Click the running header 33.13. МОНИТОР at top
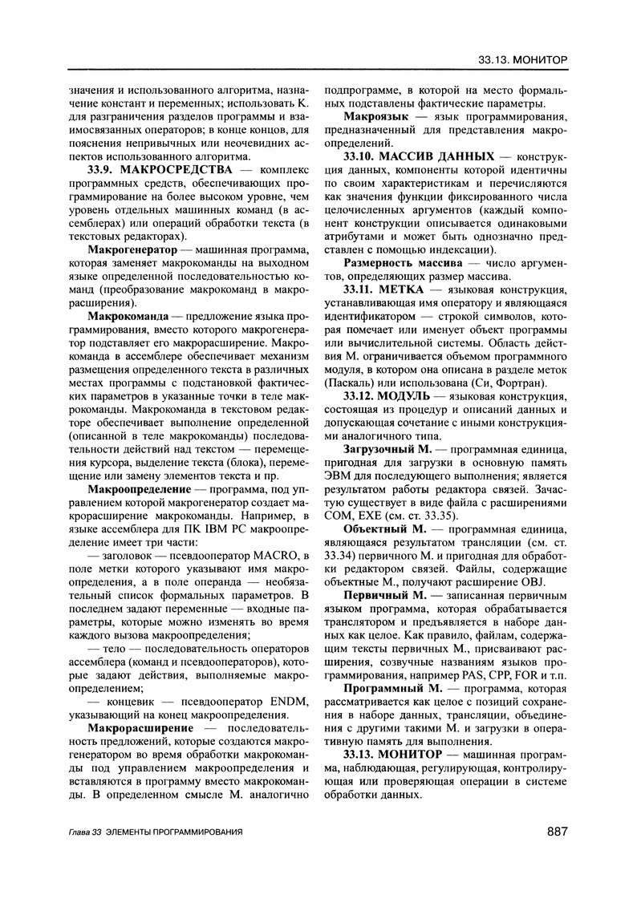[522, 60]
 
